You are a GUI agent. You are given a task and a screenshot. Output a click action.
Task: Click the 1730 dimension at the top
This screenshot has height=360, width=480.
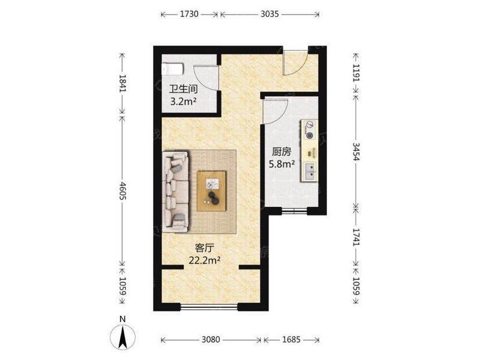click(x=189, y=14)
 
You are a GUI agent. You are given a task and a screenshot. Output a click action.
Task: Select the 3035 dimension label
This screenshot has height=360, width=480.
click(x=269, y=14)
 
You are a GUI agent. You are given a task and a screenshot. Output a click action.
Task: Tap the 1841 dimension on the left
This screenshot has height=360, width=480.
click(x=122, y=83)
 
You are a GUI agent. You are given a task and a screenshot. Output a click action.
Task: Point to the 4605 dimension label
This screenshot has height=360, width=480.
click(x=122, y=191)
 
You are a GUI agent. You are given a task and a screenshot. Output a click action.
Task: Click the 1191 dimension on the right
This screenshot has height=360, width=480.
click(x=356, y=73)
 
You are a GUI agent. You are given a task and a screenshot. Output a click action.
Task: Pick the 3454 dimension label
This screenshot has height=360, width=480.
click(x=356, y=152)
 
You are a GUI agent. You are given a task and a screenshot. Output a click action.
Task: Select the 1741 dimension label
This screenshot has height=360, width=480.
click(x=356, y=237)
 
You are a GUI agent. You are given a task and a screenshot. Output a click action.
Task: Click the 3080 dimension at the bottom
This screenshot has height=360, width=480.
click(x=211, y=340)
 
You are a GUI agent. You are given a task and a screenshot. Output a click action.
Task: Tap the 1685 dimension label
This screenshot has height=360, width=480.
click(x=291, y=340)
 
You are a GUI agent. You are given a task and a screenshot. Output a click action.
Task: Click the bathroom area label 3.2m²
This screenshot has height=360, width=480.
click(x=183, y=101)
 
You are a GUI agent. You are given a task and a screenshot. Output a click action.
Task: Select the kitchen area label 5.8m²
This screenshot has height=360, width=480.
click(x=282, y=164)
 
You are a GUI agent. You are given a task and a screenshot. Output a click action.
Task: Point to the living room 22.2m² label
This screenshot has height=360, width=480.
click(x=205, y=260)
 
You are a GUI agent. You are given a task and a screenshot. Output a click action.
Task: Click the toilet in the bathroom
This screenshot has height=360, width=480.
click(x=173, y=69)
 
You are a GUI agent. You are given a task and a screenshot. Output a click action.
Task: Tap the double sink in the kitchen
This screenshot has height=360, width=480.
click(x=310, y=172)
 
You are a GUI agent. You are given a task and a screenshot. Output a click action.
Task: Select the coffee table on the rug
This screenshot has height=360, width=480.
click(x=212, y=191)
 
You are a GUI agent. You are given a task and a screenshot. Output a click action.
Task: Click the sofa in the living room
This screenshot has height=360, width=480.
click(x=175, y=191)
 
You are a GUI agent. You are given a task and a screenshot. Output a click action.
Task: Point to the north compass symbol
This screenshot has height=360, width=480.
click(x=122, y=338)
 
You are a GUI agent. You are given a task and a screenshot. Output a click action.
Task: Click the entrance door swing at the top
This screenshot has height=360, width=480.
click(x=295, y=63)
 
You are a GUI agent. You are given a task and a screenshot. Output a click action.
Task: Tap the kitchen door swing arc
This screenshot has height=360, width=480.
click(x=275, y=111)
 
